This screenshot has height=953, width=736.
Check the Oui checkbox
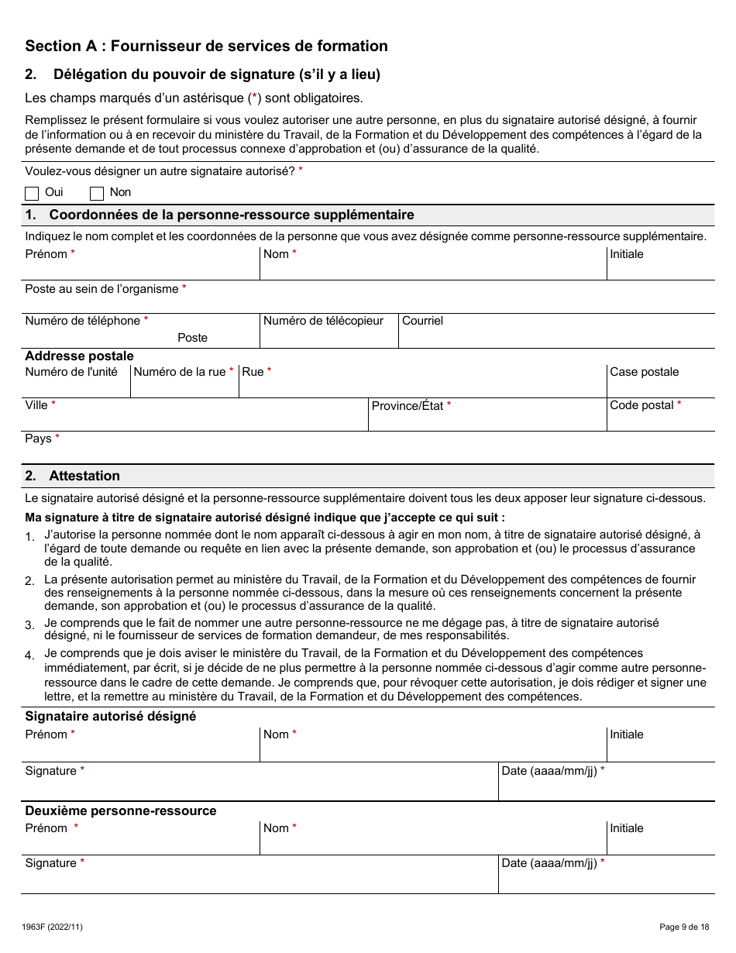pos(32,193)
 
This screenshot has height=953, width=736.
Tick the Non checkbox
pos(97,193)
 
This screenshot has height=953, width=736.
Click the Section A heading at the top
pos(206,46)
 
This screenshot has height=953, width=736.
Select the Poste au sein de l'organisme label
pos(101,289)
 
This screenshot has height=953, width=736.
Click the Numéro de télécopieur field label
pos(323,321)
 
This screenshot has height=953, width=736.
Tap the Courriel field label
pos(422,321)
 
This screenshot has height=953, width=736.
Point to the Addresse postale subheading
pos(79,356)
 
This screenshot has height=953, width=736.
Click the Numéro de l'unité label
pos(71,372)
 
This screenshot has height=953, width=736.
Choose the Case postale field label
pos(644,372)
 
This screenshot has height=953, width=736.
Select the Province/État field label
pos(408,406)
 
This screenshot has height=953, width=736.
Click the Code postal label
pos(641,405)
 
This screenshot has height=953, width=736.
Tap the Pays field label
pos(38,439)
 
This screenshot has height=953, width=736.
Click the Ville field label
pos(36,405)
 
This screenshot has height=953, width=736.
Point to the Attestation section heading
pos(84,476)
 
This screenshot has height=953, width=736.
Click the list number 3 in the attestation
pos(29,625)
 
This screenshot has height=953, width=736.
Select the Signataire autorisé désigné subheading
pos(110,716)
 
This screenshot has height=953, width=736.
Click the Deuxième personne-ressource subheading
pos(120,810)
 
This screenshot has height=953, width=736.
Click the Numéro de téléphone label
pos(82,321)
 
